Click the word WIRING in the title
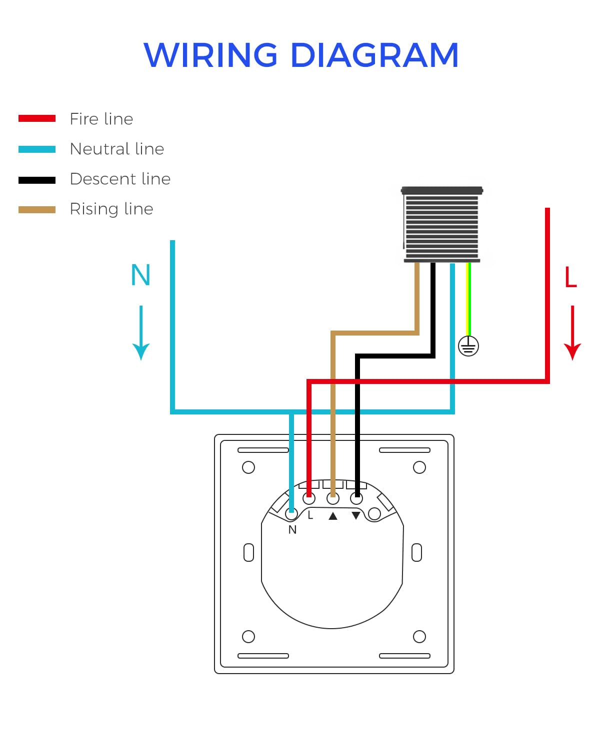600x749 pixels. pos(210,55)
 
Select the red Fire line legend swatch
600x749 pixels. pos(37,119)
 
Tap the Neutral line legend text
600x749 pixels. pos(117,149)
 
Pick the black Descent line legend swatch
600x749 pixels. pos(37,180)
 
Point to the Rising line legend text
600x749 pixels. pos(111,209)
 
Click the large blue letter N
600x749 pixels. pos(140,275)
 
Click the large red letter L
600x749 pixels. pos(570,278)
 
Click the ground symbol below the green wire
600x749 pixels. pos(468,346)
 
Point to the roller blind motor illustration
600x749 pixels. pos(441,225)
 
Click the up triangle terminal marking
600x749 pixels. pos(333,516)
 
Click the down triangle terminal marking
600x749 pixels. pos(356,516)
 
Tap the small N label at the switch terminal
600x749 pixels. pos(292,530)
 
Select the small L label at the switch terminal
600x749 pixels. pos(310,515)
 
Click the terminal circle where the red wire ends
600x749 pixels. pos(309,498)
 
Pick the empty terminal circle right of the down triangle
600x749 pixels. pos(374,514)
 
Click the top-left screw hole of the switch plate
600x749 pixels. pos(248,467)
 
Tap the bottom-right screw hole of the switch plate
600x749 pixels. pos(419,637)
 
